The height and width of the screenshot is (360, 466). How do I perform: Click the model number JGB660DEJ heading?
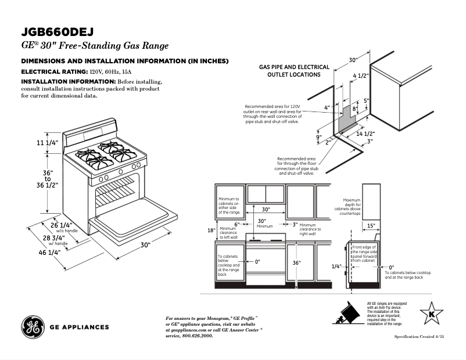[58, 31]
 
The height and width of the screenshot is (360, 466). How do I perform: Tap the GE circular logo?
[33, 327]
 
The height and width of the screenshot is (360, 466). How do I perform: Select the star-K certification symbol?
[431, 314]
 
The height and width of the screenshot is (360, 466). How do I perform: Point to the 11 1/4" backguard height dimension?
[48, 143]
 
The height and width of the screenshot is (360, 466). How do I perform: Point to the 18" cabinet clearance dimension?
[211, 230]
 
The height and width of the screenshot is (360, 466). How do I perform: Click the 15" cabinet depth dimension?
[371, 225]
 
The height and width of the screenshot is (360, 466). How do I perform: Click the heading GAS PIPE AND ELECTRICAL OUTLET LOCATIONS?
[294, 71]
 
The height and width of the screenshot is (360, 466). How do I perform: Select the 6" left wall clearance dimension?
[237, 224]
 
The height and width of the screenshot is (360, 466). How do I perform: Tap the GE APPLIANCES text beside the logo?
[80, 327]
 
